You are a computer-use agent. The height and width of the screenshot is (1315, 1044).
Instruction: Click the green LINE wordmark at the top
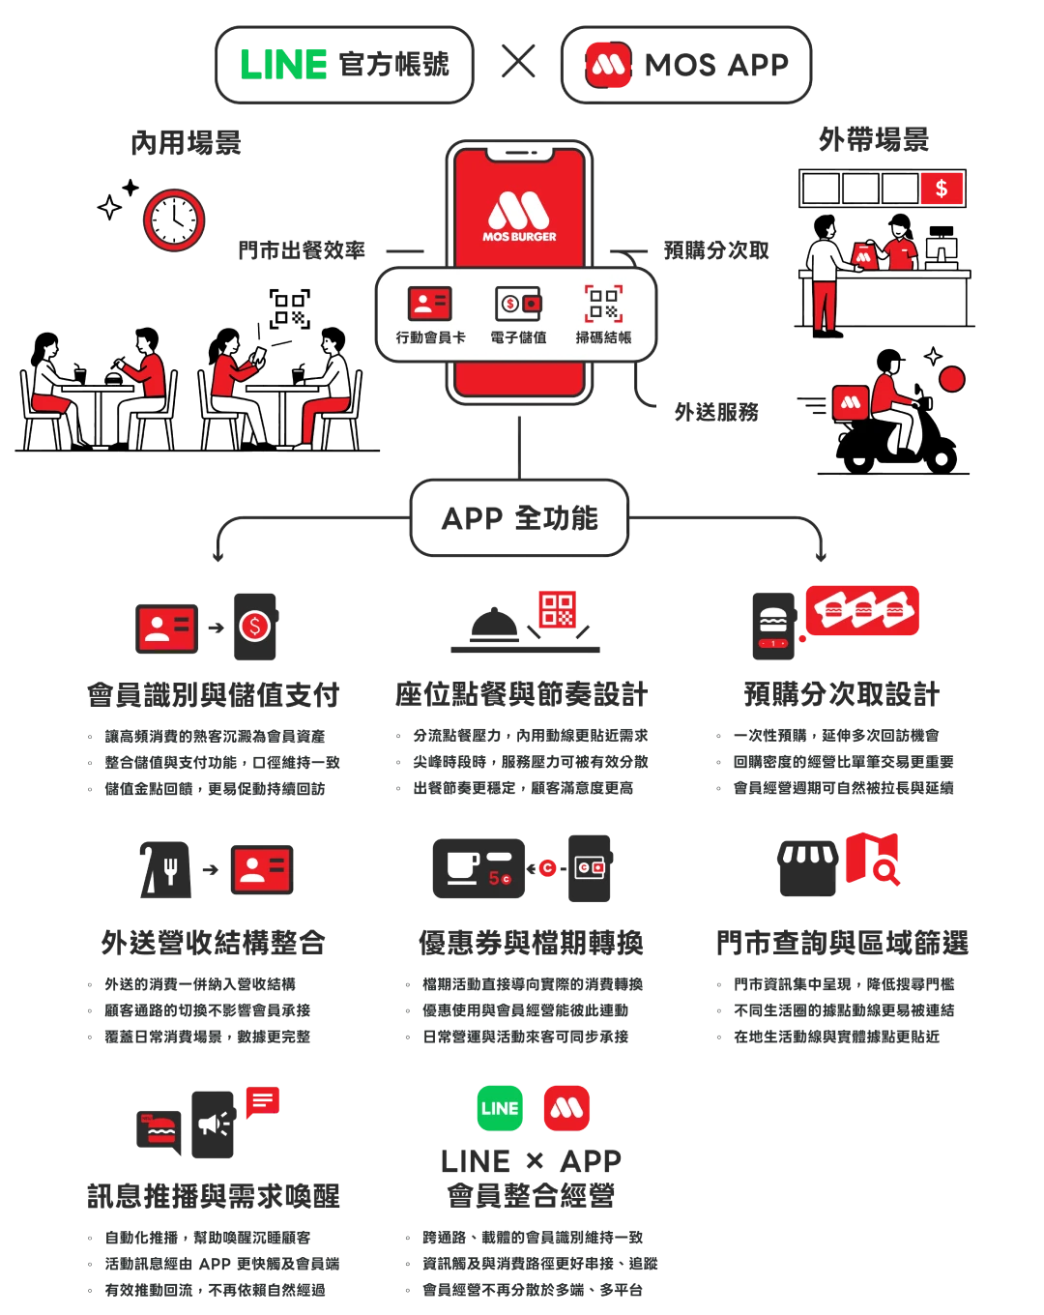283,65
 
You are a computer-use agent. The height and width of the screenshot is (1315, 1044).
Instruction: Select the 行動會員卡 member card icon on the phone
430,304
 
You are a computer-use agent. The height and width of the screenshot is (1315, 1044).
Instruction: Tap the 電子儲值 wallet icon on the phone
518,304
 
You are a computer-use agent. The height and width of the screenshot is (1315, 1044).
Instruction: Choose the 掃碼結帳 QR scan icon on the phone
604,304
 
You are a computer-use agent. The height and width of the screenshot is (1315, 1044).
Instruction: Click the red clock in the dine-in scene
174,220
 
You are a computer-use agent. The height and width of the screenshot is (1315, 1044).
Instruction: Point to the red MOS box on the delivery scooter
850,402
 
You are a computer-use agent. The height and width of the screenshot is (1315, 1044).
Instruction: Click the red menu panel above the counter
942,188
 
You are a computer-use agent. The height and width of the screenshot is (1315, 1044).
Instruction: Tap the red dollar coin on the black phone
254,627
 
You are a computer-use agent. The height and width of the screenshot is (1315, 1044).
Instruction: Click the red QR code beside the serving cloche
557,609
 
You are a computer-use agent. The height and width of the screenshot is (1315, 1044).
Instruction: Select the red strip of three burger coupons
862,610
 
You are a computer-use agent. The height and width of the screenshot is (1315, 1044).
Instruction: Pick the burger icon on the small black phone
772,620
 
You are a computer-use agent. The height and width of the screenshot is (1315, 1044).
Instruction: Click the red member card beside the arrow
259,869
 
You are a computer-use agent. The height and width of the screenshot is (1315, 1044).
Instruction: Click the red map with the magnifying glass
874,858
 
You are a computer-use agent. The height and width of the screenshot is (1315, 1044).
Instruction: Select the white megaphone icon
213,1124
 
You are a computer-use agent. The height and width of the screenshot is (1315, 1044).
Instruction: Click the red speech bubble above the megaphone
263,1099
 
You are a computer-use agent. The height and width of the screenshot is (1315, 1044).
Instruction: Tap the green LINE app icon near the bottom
500,1108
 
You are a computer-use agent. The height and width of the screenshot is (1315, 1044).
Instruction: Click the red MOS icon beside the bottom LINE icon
567,1108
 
